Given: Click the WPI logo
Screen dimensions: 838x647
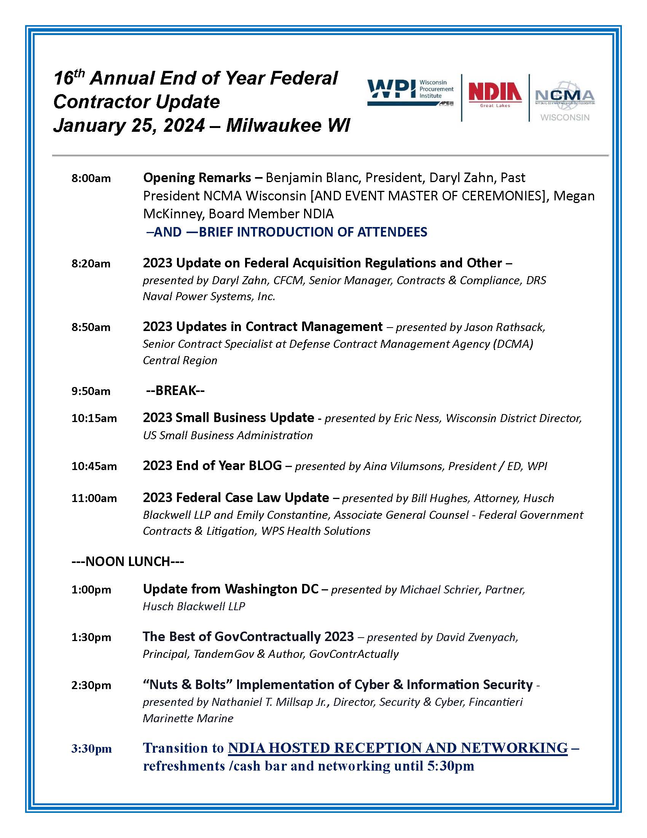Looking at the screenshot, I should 410,92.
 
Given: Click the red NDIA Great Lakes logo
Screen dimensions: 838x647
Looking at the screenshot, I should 495,94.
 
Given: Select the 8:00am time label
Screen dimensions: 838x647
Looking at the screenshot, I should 91,178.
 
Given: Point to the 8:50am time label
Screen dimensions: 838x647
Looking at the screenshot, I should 91,327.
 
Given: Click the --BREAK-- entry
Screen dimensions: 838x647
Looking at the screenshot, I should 175,390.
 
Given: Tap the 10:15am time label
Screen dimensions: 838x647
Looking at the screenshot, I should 94,418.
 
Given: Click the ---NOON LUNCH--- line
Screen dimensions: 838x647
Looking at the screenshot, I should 127,562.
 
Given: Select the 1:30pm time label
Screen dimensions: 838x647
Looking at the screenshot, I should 91,637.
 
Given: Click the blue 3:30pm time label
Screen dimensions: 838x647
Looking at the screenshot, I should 91,748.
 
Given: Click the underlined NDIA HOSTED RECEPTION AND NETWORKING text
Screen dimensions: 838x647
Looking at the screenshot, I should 397,748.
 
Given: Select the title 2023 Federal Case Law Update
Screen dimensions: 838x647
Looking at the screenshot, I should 236,498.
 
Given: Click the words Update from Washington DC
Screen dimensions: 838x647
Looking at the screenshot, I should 230,589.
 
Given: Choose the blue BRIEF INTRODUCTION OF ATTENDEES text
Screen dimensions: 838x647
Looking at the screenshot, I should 312,232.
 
